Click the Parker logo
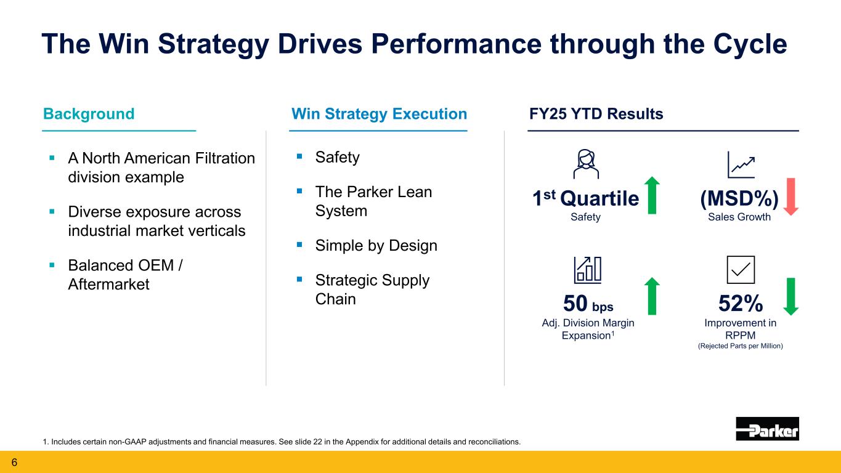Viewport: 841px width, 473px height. [767, 429]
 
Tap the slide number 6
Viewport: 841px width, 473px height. [12, 462]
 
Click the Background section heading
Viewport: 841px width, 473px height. [89, 114]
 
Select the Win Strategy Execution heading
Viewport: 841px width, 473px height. [378, 114]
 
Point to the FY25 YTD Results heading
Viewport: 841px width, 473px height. [595, 114]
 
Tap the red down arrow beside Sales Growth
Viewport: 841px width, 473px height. [791, 196]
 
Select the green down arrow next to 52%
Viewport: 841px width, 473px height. [791, 296]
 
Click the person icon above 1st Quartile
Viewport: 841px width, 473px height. [584, 163]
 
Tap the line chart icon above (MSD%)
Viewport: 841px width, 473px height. [741, 163]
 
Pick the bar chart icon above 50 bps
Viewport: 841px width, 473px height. [587, 270]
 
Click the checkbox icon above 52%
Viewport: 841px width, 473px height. [741, 270]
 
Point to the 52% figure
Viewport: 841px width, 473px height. [741, 304]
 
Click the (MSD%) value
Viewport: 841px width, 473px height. [739, 200]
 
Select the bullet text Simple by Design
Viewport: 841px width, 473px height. [376, 246]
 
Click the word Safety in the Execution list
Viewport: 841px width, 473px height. [337, 158]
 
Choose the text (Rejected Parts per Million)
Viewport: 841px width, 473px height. [740, 346]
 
